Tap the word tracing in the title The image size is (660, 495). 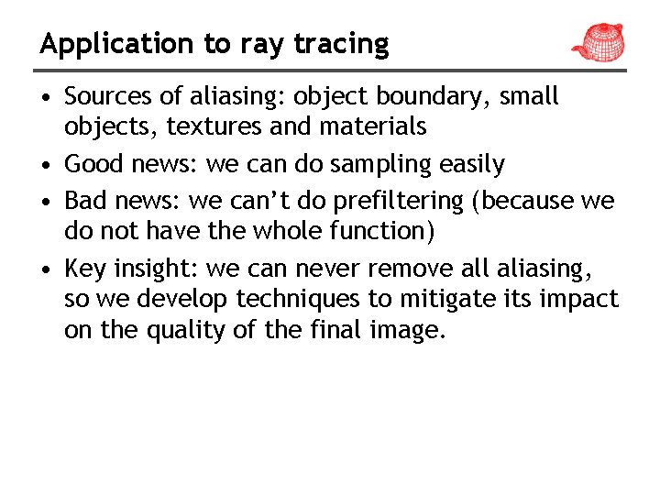(341, 44)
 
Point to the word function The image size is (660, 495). (379, 230)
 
